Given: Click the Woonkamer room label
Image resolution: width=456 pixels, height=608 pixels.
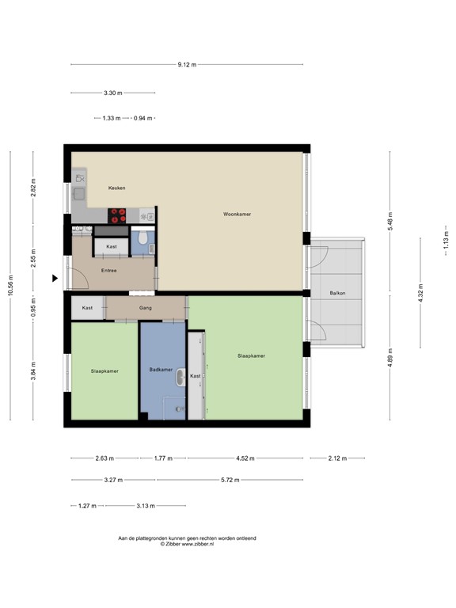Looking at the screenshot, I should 237,214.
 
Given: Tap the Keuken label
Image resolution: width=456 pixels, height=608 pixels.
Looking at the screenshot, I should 117,188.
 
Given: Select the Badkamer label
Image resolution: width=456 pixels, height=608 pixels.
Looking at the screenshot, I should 161,370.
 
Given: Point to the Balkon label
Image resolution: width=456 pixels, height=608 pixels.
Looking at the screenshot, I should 338,294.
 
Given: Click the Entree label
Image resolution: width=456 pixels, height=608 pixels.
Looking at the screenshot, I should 108,271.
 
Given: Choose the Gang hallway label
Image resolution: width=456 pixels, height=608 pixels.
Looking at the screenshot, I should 145,307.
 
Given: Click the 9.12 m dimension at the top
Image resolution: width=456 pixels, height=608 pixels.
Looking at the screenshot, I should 187,64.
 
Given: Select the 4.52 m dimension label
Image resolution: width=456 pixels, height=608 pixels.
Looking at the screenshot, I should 245,458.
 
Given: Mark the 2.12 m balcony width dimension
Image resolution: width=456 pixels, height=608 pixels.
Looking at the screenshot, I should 337,458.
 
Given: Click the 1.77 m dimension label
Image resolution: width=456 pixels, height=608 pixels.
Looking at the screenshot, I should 163,458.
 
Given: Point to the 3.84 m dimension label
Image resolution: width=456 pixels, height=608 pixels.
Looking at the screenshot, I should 33,370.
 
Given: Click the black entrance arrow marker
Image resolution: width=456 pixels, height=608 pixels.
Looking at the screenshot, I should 55,279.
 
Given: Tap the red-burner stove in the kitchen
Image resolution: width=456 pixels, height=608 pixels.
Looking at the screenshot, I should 118,213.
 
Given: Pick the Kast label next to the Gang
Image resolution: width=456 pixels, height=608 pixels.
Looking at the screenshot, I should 87,307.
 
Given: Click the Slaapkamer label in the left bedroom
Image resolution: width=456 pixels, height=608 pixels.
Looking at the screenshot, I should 104,370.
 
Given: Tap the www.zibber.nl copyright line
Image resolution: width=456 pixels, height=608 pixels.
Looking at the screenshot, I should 187,544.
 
